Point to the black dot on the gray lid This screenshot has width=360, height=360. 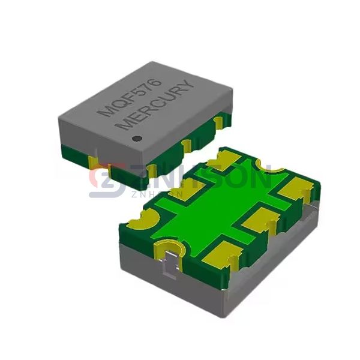[137, 140]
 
